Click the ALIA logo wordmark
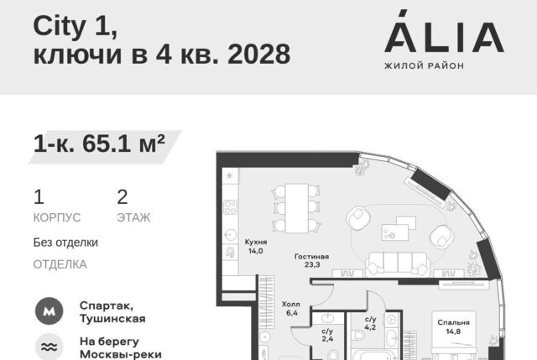[444, 32]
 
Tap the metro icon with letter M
[50, 311]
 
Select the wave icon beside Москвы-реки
[50, 347]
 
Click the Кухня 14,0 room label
[256, 246]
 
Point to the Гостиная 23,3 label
[311, 260]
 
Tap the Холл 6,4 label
[291, 308]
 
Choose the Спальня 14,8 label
[453, 326]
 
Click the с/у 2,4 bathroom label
[327, 335]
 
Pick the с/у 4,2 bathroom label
[370, 323]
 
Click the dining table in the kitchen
[296, 208]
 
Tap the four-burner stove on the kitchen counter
[230, 207]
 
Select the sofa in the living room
[397, 264]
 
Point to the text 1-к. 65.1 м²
[99, 143]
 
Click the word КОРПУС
[57, 217]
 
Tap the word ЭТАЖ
[133, 217]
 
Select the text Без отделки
[65, 243]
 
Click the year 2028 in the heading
[259, 54]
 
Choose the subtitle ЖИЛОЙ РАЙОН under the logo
[424, 65]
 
